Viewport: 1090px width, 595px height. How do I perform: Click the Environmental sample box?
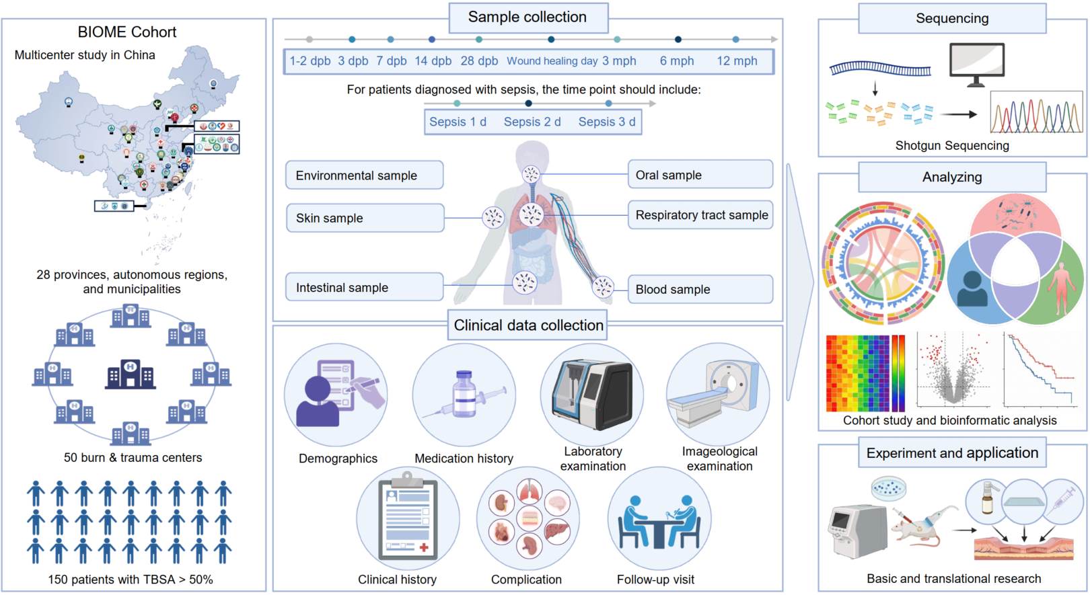click(x=364, y=175)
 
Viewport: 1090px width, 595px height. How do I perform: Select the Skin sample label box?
click(x=365, y=218)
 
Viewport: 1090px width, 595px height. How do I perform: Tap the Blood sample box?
click(x=700, y=289)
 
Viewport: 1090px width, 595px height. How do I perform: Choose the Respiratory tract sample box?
click(x=700, y=215)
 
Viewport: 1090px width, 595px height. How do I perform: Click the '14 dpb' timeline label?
click(x=433, y=61)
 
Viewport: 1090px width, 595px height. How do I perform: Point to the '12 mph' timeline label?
click(x=737, y=61)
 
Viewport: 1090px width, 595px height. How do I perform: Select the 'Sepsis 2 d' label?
click(x=532, y=122)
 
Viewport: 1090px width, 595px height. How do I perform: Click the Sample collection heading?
click(x=528, y=17)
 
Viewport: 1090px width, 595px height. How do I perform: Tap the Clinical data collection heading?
click(x=528, y=325)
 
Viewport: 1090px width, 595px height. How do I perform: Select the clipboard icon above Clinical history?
click(x=408, y=518)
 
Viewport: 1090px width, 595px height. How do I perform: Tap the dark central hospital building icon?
click(x=131, y=374)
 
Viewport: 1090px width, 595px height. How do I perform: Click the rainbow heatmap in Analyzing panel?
click(x=864, y=373)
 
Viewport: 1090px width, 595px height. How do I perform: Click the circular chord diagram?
click(x=882, y=262)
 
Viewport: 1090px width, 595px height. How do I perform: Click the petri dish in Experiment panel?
click(x=888, y=488)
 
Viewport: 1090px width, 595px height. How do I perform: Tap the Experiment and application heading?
click(x=952, y=453)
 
